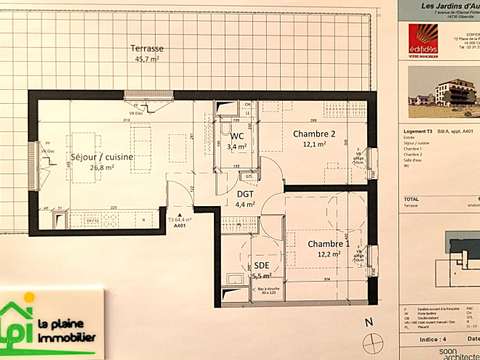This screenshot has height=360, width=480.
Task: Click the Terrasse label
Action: pyautogui.click(x=147, y=48)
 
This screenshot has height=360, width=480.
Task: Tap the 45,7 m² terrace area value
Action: pyautogui.click(x=147, y=59)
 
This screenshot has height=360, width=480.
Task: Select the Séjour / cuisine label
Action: pyautogui.click(x=102, y=157)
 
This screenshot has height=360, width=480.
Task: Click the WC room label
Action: pyautogui.click(x=237, y=136)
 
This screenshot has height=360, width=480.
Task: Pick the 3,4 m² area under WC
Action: pyautogui.click(x=237, y=147)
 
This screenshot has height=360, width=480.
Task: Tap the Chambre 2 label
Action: pyautogui.click(x=313, y=133)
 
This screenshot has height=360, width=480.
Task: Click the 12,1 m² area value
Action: pyautogui.click(x=313, y=144)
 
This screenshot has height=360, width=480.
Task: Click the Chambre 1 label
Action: pyautogui.click(x=328, y=244)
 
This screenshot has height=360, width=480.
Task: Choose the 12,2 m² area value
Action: pyautogui.click(x=329, y=255)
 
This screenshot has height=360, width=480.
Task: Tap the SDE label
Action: pyautogui.click(x=262, y=264)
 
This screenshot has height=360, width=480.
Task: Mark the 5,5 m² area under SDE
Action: pyautogui.click(x=263, y=275)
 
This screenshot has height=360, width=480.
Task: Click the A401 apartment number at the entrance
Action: pyautogui.click(x=180, y=226)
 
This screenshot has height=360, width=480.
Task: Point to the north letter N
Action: pyautogui.click(x=368, y=322)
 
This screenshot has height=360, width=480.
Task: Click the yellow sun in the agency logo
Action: pyautogui.click(x=29, y=298)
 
